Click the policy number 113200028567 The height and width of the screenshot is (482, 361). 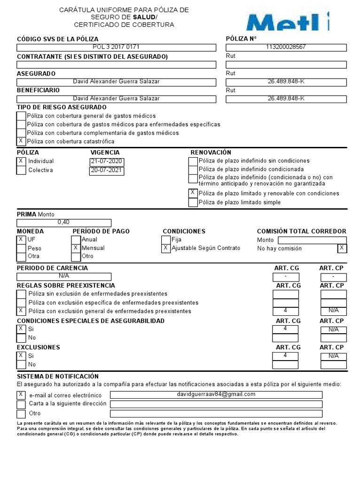tap(286, 47)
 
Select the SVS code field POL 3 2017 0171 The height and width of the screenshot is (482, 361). tap(116, 47)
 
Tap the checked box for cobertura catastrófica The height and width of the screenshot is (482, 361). tap(21, 141)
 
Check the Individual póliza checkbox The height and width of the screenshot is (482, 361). tap(21, 161)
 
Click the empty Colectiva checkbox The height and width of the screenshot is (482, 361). tap(21, 170)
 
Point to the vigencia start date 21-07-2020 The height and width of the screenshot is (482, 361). tap(106, 161)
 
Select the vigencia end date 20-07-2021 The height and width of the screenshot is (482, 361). tap(106, 170)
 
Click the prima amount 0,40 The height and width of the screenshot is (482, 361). tap(64, 223)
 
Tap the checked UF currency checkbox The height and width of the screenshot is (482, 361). tap(21, 240)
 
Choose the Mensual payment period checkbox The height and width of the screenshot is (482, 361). tap(76, 248)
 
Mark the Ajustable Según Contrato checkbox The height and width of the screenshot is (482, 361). tap(165, 248)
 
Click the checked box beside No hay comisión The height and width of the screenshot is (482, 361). tap(342, 248)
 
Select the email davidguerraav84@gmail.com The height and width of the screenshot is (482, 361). tap(216, 394)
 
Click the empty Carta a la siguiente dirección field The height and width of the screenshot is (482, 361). tap(216, 404)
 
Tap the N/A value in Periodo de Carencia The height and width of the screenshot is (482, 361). tap(64, 276)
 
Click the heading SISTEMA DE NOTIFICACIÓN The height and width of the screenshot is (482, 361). tap(58, 376)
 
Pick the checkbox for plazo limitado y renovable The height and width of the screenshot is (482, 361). tap(193, 193)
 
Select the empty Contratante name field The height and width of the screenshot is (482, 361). tap(116, 64)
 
